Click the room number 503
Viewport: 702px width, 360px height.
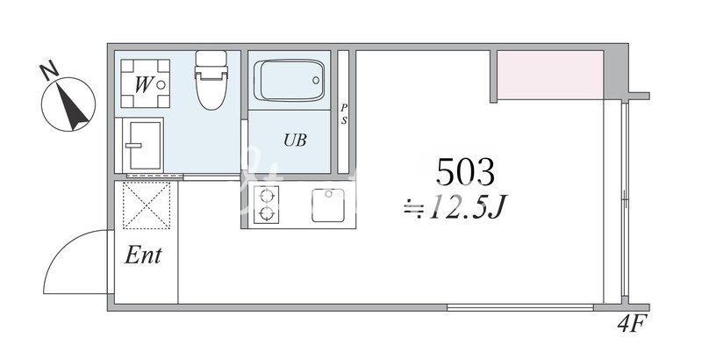[465, 172]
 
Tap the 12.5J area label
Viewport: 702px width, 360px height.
[467, 208]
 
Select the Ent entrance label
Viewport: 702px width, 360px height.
[143, 256]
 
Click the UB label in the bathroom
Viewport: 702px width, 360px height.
[295, 140]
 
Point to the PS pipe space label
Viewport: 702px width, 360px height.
[344, 114]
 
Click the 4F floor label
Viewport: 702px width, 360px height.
[632, 323]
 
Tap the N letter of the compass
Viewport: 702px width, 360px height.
[49, 70]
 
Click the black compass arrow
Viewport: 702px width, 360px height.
[70, 105]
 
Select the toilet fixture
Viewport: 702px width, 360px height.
[211, 80]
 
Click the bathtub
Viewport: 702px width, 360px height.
[290, 81]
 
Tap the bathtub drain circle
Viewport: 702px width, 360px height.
[316, 81]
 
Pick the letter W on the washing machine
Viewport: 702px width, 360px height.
[143, 84]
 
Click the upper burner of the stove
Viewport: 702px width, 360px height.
[267, 196]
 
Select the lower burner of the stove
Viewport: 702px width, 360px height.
[267, 213]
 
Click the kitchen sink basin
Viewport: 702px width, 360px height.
[328, 205]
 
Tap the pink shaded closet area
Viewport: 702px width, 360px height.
[550, 75]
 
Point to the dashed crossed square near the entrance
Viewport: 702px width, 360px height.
[147, 205]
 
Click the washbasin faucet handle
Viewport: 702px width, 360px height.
[133, 145]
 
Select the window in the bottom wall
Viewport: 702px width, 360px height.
[520, 307]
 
